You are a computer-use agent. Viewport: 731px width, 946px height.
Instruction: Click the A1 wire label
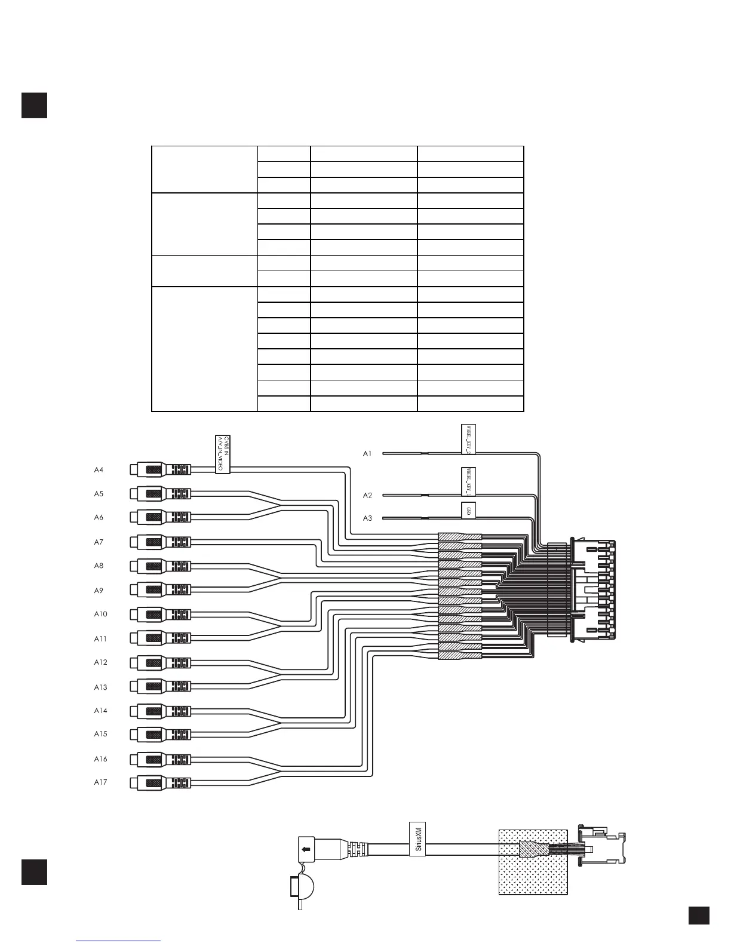click(367, 454)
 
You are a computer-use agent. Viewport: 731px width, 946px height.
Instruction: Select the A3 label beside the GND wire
click(367, 518)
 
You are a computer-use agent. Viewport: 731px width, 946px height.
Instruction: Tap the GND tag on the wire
click(469, 511)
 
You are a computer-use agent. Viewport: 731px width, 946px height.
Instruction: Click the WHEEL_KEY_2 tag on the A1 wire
click(469, 439)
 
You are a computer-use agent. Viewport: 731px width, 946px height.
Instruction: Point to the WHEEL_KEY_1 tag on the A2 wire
click(469, 481)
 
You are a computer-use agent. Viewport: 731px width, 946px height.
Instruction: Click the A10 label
click(100, 615)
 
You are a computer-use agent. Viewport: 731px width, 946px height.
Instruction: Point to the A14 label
click(100, 711)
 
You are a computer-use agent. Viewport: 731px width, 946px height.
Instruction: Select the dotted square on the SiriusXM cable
click(533, 861)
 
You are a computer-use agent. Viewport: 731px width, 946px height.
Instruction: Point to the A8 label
click(99, 566)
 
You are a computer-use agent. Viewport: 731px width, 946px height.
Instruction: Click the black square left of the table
click(34, 105)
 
